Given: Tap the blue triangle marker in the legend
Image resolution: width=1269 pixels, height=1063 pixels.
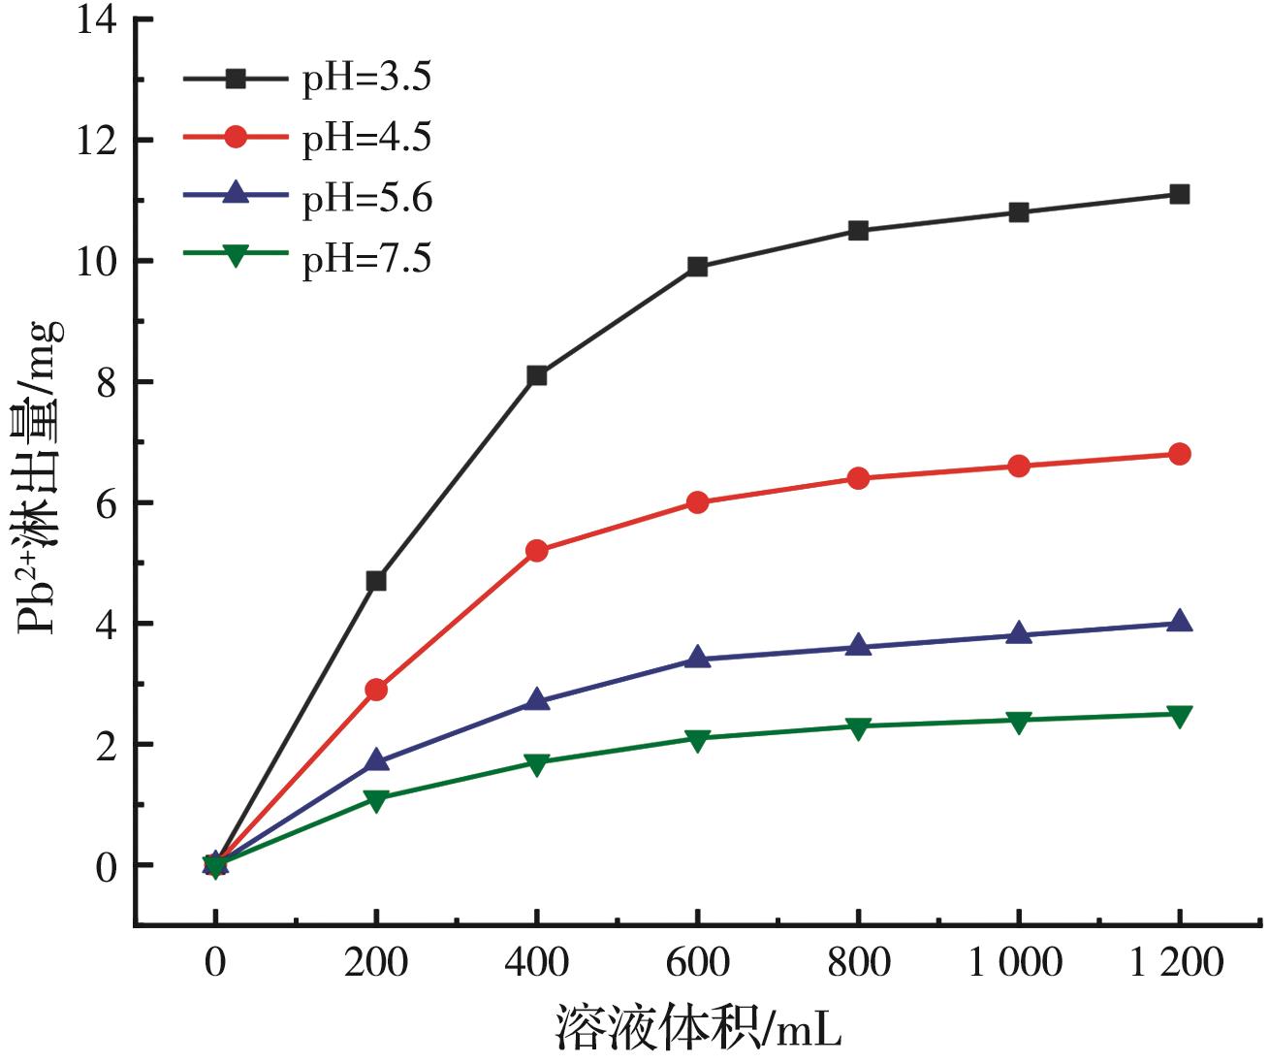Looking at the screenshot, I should [236, 197].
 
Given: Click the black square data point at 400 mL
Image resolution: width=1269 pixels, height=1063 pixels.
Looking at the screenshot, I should [537, 375].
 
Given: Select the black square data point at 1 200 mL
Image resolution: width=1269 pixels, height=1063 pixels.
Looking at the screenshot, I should [1179, 194].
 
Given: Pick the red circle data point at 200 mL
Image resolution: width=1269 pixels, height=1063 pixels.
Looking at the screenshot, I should [376, 690].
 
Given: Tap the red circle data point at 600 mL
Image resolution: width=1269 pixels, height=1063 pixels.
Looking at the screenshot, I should [697, 502].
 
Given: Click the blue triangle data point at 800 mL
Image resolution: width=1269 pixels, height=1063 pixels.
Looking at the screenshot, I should [858, 646].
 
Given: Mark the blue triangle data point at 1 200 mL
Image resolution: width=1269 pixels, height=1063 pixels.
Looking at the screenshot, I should [1179, 623].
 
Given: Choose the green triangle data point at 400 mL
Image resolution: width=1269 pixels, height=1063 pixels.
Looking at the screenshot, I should [537, 763].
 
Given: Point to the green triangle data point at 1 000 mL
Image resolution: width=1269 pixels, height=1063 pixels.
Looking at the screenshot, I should [1018, 721].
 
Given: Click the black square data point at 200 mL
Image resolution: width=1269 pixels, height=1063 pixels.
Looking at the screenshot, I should [376, 581].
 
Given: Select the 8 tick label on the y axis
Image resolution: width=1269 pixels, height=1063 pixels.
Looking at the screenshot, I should [105, 382].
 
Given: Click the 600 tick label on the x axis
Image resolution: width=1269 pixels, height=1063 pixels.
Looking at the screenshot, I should [697, 963].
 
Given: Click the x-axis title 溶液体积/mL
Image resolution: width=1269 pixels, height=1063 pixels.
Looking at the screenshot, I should [697, 1027].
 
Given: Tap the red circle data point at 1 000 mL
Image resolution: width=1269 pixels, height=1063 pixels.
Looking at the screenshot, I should [1018, 467].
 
